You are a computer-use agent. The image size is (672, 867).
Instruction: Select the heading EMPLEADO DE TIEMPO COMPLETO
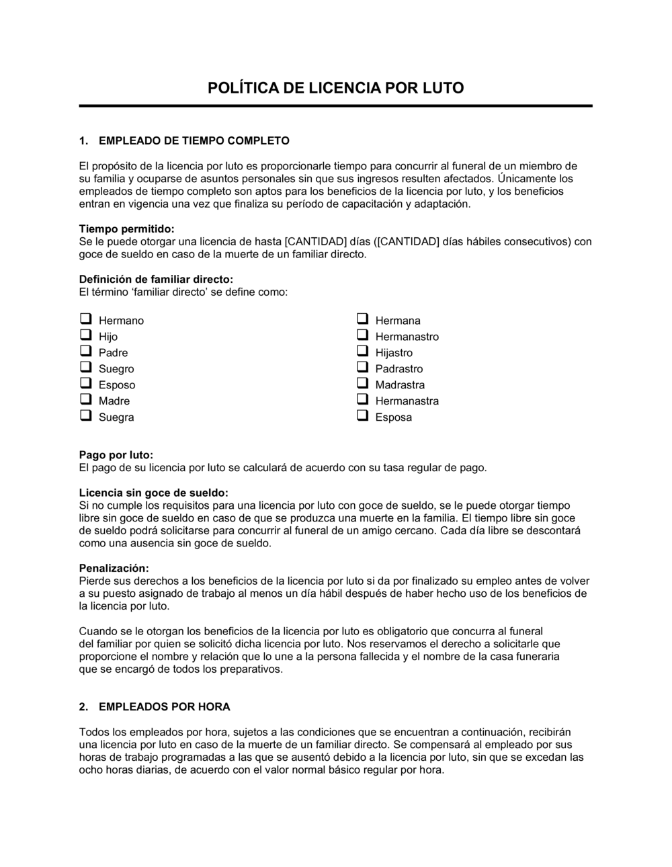point(194,140)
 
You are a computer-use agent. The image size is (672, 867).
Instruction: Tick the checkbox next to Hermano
point(85,319)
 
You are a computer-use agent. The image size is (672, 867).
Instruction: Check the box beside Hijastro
point(362,351)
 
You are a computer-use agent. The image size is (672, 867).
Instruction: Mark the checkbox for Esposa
point(362,415)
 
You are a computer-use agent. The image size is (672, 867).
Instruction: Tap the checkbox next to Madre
point(85,399)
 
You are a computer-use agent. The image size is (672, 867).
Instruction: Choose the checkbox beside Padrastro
point(362,367)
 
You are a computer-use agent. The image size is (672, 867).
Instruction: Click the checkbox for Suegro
point(85,367)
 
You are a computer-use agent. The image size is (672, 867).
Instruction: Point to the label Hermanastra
point(407,401)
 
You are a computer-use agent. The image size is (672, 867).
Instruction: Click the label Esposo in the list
point(117,385)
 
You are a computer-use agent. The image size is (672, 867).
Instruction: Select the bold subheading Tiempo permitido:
point(126,229)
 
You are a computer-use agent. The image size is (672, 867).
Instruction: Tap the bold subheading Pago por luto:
point(116,455)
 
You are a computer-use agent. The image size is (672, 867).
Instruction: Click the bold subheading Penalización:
point(114,568)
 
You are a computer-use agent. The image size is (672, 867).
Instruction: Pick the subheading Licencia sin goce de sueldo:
point(153,493)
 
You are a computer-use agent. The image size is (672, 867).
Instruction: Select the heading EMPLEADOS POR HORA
point(164,706)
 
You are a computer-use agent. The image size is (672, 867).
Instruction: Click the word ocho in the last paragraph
point(91,770)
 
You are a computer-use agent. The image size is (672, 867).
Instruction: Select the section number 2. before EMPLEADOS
point(84,706)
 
